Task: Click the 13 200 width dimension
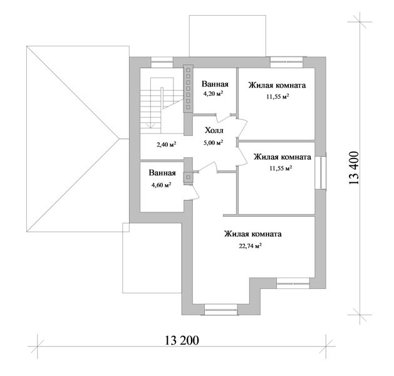182,340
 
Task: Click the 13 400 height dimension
354,168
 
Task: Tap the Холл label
214,130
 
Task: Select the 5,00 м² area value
214,142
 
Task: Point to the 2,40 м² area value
167,144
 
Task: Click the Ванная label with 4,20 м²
215,84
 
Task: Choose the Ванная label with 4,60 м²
162,173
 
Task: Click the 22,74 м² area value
251,246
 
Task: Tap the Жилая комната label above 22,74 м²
253,234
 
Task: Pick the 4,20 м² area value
214,94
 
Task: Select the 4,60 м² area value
162,185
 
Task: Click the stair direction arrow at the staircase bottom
151,125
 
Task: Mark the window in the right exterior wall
321,172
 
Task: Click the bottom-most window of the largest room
221,310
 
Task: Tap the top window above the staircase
162,62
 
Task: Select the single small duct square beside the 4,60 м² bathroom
188,177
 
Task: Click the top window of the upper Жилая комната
286,62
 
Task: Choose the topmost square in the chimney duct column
188,70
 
